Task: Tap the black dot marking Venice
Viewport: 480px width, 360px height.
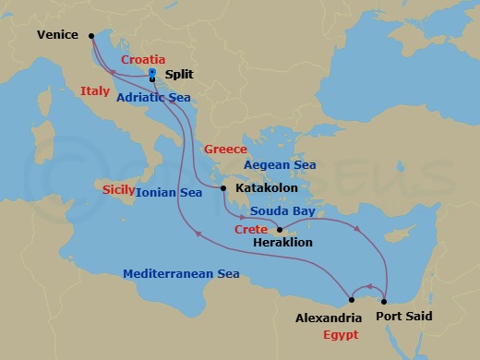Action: tap(91, 36)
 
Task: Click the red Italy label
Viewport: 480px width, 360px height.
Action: tap(96, 91)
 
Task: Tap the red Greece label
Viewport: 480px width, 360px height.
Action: tap(226, 149)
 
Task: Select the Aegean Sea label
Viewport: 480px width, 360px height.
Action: tap(279, 164)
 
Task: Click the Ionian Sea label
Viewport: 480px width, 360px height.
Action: tap(169, 194)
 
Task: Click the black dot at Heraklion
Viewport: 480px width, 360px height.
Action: tap(279, 229)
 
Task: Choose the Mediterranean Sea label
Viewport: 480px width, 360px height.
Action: tap(183, 274)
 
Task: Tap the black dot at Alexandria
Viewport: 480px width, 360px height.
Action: tap(353, 299)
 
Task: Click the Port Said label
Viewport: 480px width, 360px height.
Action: tap(407, 316)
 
